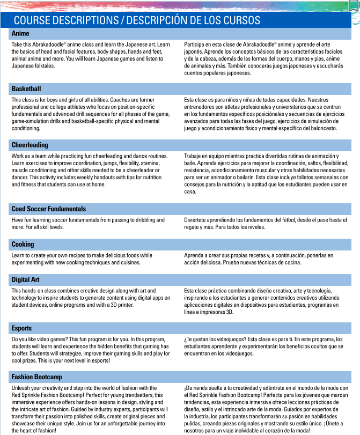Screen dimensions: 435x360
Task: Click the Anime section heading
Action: (x=20, y=33)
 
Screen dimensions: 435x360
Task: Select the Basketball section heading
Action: (x=26, y=89)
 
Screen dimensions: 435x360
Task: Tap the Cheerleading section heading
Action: (x=30, y=145)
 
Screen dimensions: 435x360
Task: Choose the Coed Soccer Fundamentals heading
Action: (x=49, y=209)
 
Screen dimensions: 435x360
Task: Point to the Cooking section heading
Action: (x=23, y=244)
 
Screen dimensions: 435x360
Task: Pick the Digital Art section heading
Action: (x=26, y=279)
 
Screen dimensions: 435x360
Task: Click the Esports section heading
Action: (x=22, y=328)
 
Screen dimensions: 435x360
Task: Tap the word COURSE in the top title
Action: (x=34, y=20)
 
